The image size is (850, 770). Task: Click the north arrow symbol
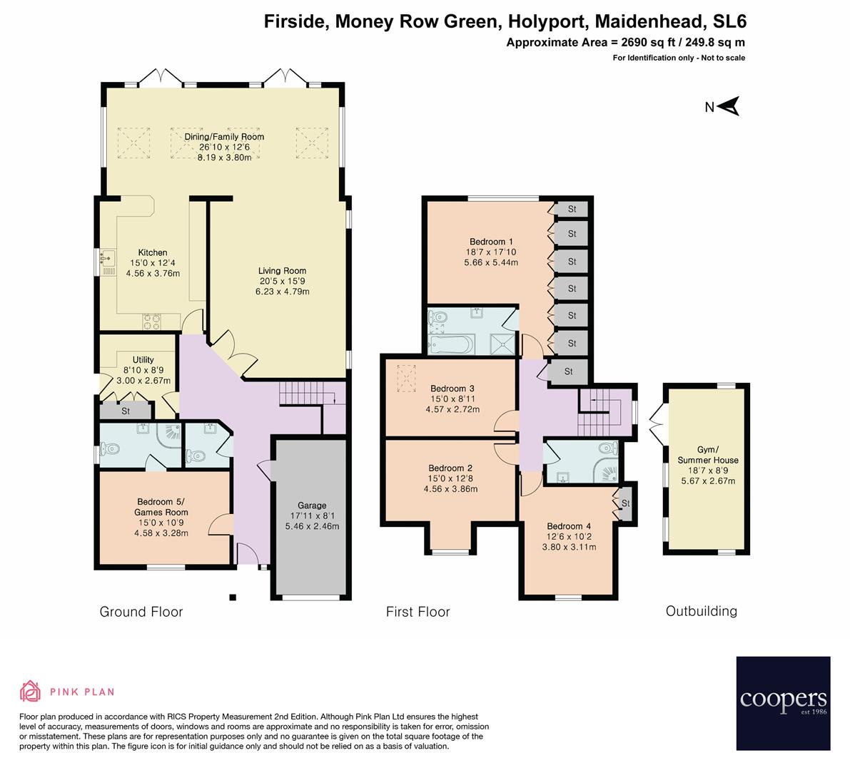(728, 107)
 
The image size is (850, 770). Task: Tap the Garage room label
(312, 505)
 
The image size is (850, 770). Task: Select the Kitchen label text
(153, 253)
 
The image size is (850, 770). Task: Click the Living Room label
(283, 271)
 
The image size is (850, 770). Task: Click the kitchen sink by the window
(109, 257)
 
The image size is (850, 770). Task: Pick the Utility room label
(143, 360)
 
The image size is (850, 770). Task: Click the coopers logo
(783, 703)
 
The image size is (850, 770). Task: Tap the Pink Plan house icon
(31, 691)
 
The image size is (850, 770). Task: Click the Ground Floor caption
(141, 612)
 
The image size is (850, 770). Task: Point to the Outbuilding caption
(701, 611)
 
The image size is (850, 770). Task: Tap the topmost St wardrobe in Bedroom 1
(572, 209)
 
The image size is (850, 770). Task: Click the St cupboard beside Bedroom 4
(626, 504)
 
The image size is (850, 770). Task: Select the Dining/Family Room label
(224, 137)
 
